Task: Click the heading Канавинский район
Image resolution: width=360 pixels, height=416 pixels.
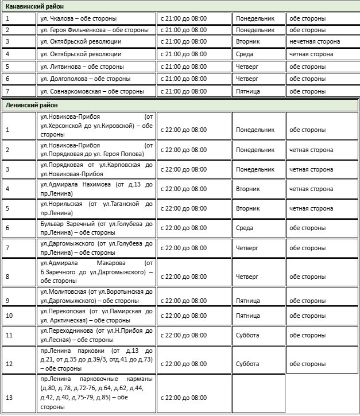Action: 34,6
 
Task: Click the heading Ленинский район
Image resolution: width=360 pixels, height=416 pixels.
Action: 31,105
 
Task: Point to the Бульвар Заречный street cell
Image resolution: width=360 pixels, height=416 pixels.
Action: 96,228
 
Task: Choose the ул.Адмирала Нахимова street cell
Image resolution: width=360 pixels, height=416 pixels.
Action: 96,189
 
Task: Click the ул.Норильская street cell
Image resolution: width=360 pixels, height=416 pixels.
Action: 96,208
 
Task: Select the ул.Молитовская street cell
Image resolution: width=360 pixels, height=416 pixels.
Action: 96,296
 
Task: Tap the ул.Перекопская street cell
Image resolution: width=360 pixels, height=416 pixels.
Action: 96,316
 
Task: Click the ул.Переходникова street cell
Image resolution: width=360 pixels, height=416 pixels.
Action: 96,335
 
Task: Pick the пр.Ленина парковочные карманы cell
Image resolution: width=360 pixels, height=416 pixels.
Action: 96,393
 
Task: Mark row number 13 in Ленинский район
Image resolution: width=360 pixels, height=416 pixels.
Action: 8,398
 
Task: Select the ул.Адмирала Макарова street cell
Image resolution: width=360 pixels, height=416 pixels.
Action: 96,271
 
